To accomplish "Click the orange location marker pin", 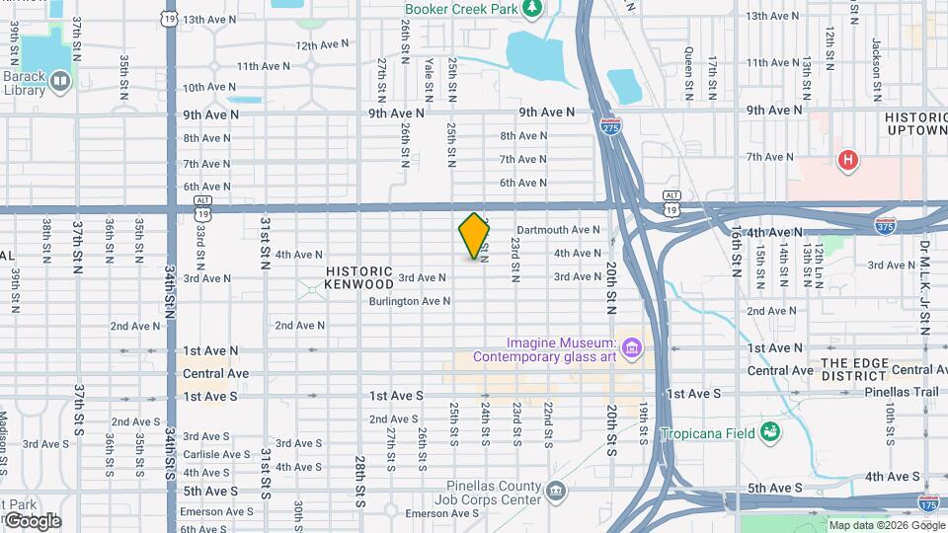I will coord(474,236).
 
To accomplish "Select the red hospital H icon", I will coord(846,159).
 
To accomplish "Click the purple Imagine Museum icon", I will coord(632,347).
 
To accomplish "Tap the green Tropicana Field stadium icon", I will coord(770,432).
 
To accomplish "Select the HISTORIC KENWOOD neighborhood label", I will coord(359,277).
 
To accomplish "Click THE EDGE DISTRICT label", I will coord(854,370).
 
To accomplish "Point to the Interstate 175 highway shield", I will coord(928,503).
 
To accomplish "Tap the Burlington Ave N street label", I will coord(408,301).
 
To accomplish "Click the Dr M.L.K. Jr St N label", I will coord(925,286).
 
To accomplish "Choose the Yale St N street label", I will coord(429,78).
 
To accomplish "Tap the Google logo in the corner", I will coord(32,520).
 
